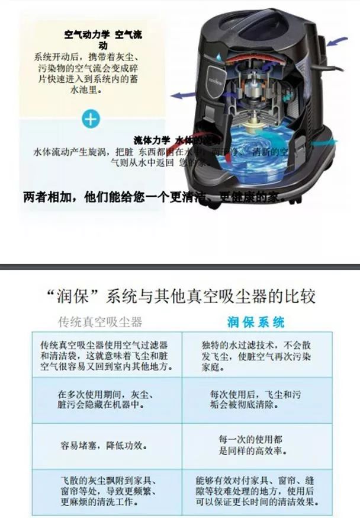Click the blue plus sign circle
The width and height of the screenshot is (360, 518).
point(91,119)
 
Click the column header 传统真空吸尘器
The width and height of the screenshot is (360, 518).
point(99,322)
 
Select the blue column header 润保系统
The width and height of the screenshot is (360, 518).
point(256,322)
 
